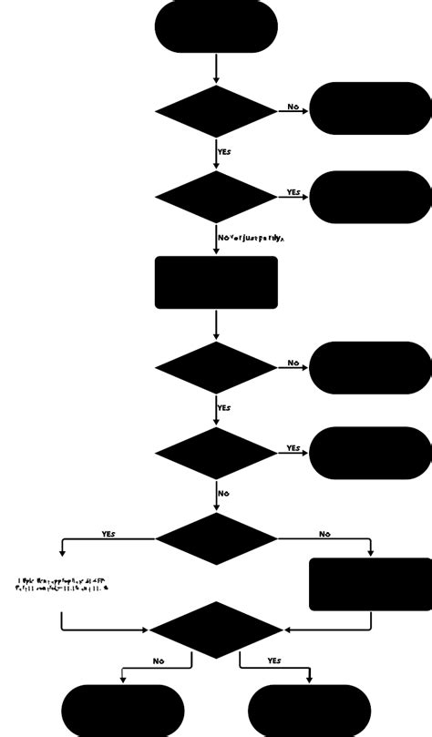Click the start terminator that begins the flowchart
pyautogui.click(x=216, y=26)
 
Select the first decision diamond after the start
pyautogui.click(x=216, y=111)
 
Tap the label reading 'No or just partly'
pyautogui.click(x=252, y=238)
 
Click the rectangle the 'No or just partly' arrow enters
pyautogui.click(x=216, y=282)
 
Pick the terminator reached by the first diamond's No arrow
pyautogui.click(x=370, y=108)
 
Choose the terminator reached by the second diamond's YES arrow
pyautogui.click(x=370, y=197)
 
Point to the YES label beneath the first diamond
pyautogui.click(x=224, y=151)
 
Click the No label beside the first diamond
pyautogui.click(x=293, y=107)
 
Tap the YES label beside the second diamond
pyautogui.click(x=293, y=192)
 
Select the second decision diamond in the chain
pyautogui.click(x=216, y=197)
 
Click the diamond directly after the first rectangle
pyautogui.click(x=216, y=368)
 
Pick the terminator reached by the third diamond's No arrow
pyautogui.click(x=370, y=368)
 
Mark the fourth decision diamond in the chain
pyautogui.click(x=216, y=453)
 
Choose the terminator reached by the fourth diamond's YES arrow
pyautogui.click(x=370, y=453)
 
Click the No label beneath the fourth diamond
pyautogui.click(x=223, y=494)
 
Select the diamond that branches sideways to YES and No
pyautogui.click(x=216, y=538)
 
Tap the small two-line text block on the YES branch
pyautogui.click(x=62, y=584)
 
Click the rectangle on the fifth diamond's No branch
pyautogui.click(x=370, y=584)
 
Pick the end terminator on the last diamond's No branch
pyautogui.click(x=123, y=711)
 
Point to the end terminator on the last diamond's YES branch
pyautogui.click(x=309, y=711)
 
